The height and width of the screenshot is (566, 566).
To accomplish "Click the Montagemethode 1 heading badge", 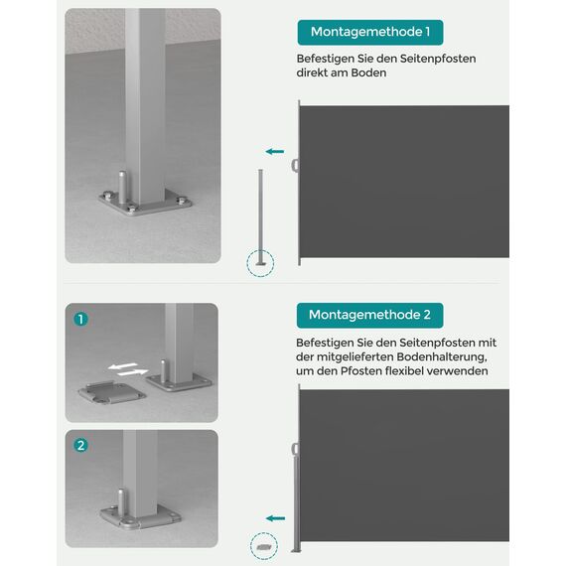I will pos(369,32).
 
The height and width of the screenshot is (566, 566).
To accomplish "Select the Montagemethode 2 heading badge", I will pos(369,315).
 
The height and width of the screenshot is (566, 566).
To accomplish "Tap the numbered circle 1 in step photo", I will pos(81,320).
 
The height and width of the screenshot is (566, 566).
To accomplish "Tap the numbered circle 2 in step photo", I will pos(81,445).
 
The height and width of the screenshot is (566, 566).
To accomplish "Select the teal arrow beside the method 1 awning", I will pos(275,152).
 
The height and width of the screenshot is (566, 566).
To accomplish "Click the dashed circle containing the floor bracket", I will pos(263,546).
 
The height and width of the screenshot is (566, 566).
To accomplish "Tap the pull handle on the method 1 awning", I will pos(295,164).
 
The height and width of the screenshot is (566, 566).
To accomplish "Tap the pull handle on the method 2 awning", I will pos(295,447).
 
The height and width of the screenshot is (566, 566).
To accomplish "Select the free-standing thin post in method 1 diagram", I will pos(261,213).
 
